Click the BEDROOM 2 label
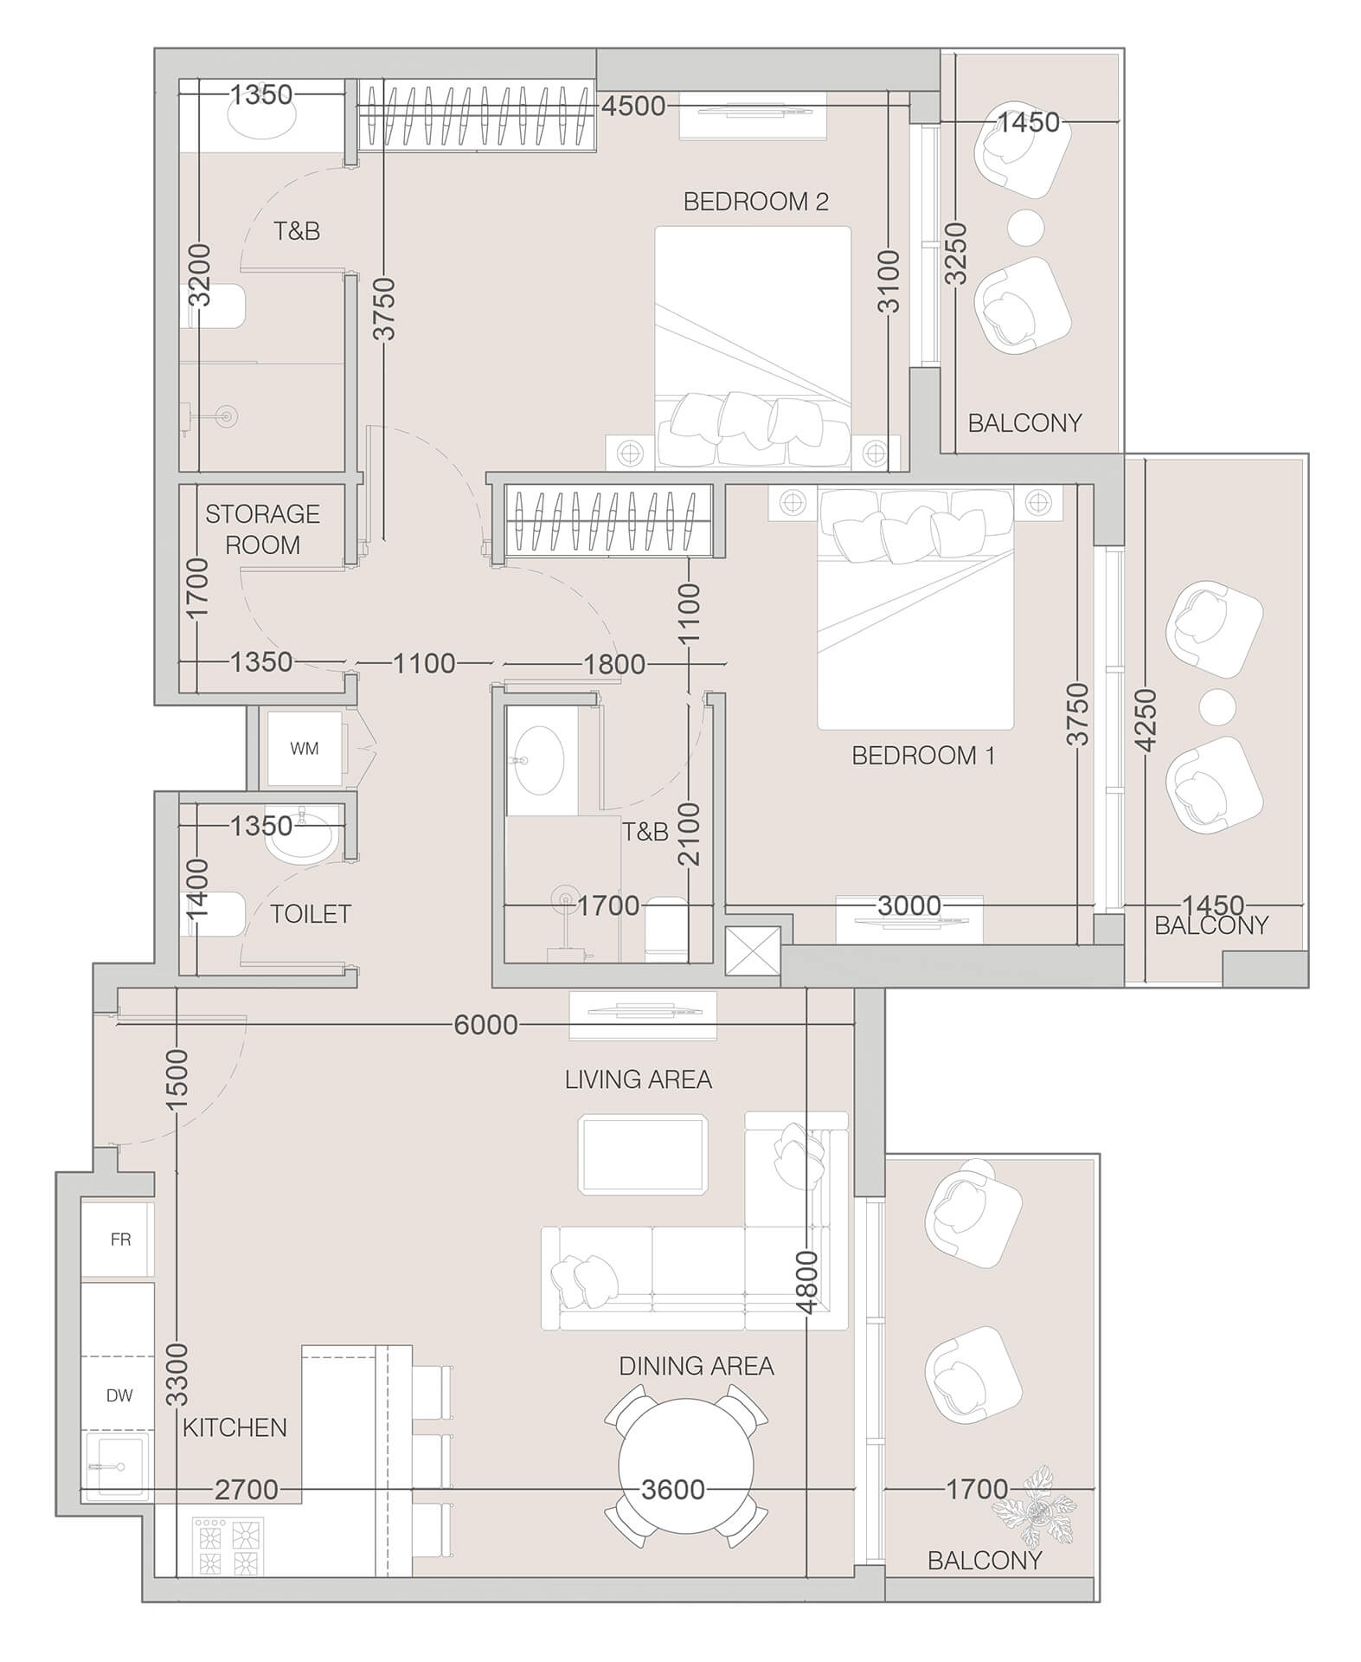(755, 202)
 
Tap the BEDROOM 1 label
(922, 756)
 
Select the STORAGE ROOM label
(262, 529)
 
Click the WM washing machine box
(304, 749)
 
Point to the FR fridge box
(120, 1240)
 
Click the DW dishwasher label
(119, 1395)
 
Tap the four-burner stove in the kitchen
(229, 1546)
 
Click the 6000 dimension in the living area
(485, 1025)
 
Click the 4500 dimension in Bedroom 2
(633, 106)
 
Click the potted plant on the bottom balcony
(1036, 1507)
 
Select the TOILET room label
(310, 914)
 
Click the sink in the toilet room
(300, 835)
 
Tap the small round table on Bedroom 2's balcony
(1025, 227)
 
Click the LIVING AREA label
(638, 1079)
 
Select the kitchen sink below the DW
(117, 1466)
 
